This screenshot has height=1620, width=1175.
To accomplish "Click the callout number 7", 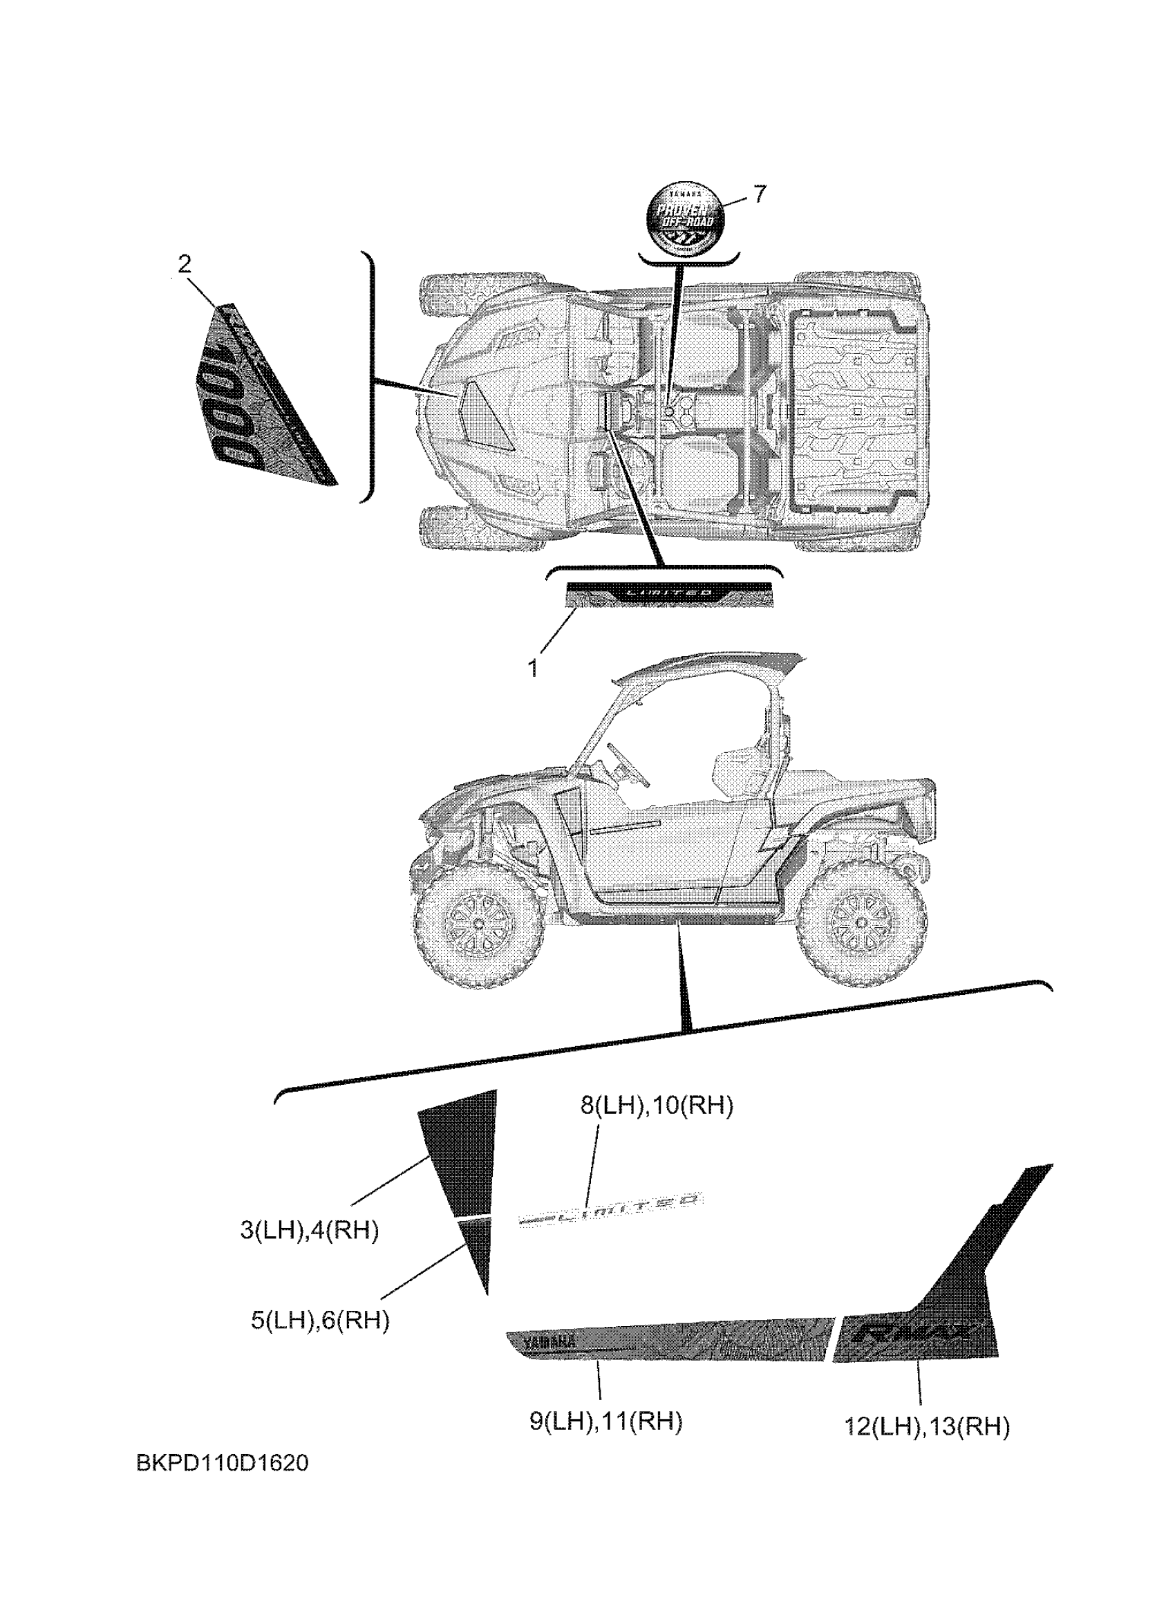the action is pos(760,193).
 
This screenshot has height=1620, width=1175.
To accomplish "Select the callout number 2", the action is pos(184,265).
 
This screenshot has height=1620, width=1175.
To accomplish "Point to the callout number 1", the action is pos(532,668).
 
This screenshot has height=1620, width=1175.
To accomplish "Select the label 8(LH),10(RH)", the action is pos(656,1106).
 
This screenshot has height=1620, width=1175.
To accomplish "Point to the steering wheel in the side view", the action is pos(628,763).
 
